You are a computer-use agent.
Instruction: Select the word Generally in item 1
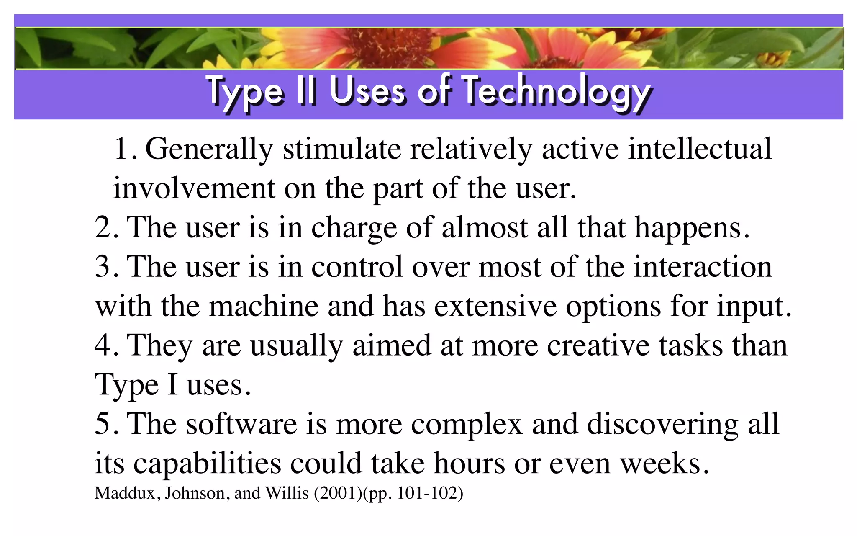pos(209,149)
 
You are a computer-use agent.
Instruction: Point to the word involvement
pos(194,188)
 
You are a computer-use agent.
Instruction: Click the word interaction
pos(703,267)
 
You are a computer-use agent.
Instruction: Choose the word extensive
pos(495,306)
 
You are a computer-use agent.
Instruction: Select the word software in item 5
pos(241,424)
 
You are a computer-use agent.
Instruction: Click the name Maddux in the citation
pos(125,493)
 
